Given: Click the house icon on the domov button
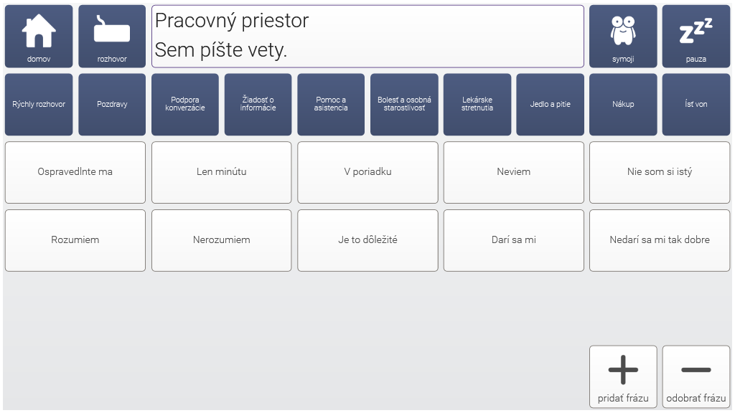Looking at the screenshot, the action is [39, 30].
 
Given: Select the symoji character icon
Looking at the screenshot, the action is [623, 30].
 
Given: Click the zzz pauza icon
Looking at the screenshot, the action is [696, 31].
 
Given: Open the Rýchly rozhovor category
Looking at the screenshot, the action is [39, 105].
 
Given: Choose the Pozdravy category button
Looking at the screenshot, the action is [112, 105].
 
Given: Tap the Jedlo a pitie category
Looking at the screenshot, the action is [551, 105].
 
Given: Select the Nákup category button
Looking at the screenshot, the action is [623, 105].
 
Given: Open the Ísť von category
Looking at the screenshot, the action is [696, 105].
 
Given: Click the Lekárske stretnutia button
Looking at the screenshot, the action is [477, 105].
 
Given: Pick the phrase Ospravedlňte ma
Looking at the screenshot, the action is [75, 172].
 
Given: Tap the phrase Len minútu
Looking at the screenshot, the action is [221, 172].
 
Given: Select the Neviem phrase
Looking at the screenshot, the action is [514, 172].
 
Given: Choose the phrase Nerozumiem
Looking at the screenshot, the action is [221, 240].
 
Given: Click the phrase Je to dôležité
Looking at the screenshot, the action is [367, 240].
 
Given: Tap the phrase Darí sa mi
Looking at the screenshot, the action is [514, 240].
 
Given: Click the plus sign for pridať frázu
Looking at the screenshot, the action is [623, 369].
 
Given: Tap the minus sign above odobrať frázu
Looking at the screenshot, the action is [696, 370].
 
